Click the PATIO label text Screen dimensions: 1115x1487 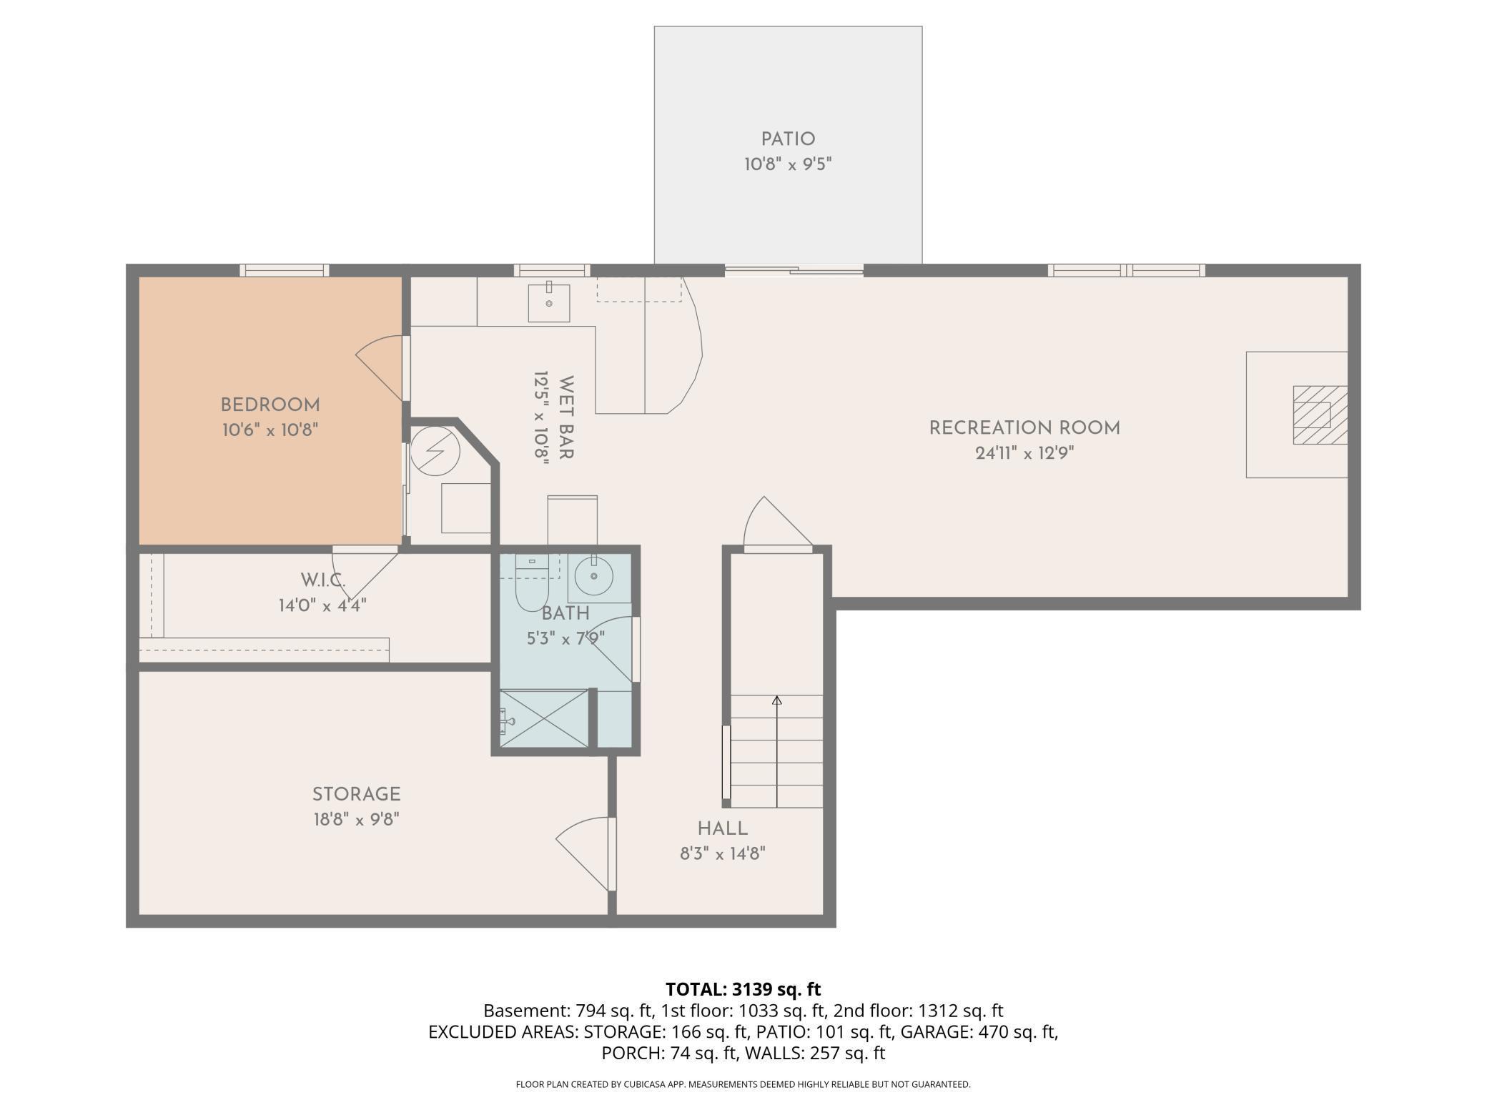(x=788, y=139)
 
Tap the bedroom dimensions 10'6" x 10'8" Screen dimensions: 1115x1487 (x=270, y=430)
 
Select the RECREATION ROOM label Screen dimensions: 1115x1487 (x=1024, y=428)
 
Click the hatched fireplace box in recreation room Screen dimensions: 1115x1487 (x=1319, y=415)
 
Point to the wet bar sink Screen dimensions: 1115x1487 (x=549, y=303)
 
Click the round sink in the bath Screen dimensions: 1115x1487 (x=593, y=575)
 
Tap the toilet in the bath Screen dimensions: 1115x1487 (x=530, y=586)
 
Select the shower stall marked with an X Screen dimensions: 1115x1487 (x=543, y=718)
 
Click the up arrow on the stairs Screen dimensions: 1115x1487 (x=777, y=700)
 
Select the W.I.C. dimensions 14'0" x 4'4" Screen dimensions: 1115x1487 (x=322, y=605)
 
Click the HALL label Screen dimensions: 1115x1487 (x=723, y=828)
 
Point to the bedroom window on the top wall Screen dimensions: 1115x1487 (x=284, y=270)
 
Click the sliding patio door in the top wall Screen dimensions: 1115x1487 (x=794, y=270)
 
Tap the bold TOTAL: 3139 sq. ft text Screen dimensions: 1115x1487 (x=743, y=989)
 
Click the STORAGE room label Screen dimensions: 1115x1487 (x=356, y=794)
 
